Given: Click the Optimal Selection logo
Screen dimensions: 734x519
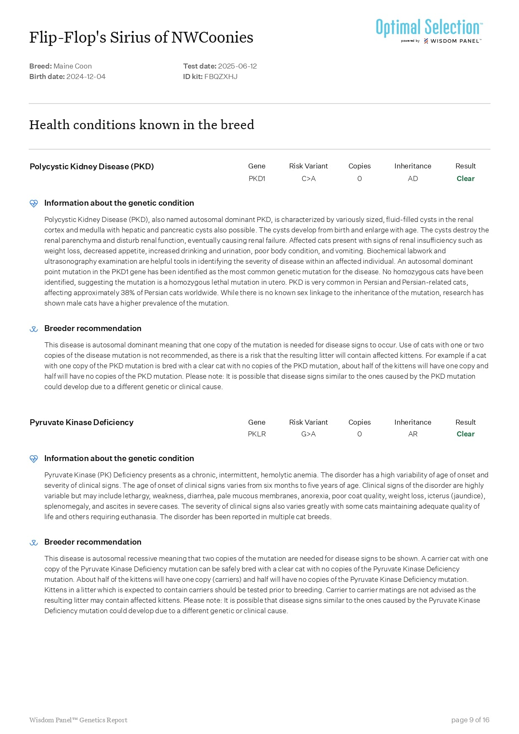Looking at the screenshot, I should point(429,31).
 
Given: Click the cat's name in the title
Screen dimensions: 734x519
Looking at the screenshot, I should point(141,38).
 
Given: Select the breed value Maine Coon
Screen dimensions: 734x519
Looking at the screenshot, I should point(73,66).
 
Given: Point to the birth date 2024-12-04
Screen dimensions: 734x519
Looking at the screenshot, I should point(86,76).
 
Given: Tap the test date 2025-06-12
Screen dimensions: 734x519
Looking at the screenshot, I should point(237,66).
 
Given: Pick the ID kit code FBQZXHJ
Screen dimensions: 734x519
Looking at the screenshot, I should point(221,76).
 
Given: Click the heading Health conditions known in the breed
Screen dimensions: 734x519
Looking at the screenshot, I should point(142,125).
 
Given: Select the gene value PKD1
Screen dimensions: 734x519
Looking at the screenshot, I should point(257,178).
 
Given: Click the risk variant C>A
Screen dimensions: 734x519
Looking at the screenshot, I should point(308,178).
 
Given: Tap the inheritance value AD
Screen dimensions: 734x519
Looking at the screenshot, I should point(412,178).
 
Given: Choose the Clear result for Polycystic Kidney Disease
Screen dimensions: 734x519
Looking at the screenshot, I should point(466,178).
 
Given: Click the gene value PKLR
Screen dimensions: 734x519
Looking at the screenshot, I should point(257,434).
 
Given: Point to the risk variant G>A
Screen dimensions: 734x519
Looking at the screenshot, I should point(308,434).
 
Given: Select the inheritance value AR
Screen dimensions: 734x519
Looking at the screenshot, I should point(412,434).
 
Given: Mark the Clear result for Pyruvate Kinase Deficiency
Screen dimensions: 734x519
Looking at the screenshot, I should point(466,434).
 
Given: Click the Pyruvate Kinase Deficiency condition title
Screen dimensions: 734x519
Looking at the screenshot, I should point(81,422).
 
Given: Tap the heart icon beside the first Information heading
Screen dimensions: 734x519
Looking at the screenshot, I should point(34,204).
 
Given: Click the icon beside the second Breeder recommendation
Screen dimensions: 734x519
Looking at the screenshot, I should point(34,543).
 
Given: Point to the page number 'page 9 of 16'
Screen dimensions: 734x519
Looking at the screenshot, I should point(470,720).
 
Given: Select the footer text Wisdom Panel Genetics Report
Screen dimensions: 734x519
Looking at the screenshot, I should point(78,720).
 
